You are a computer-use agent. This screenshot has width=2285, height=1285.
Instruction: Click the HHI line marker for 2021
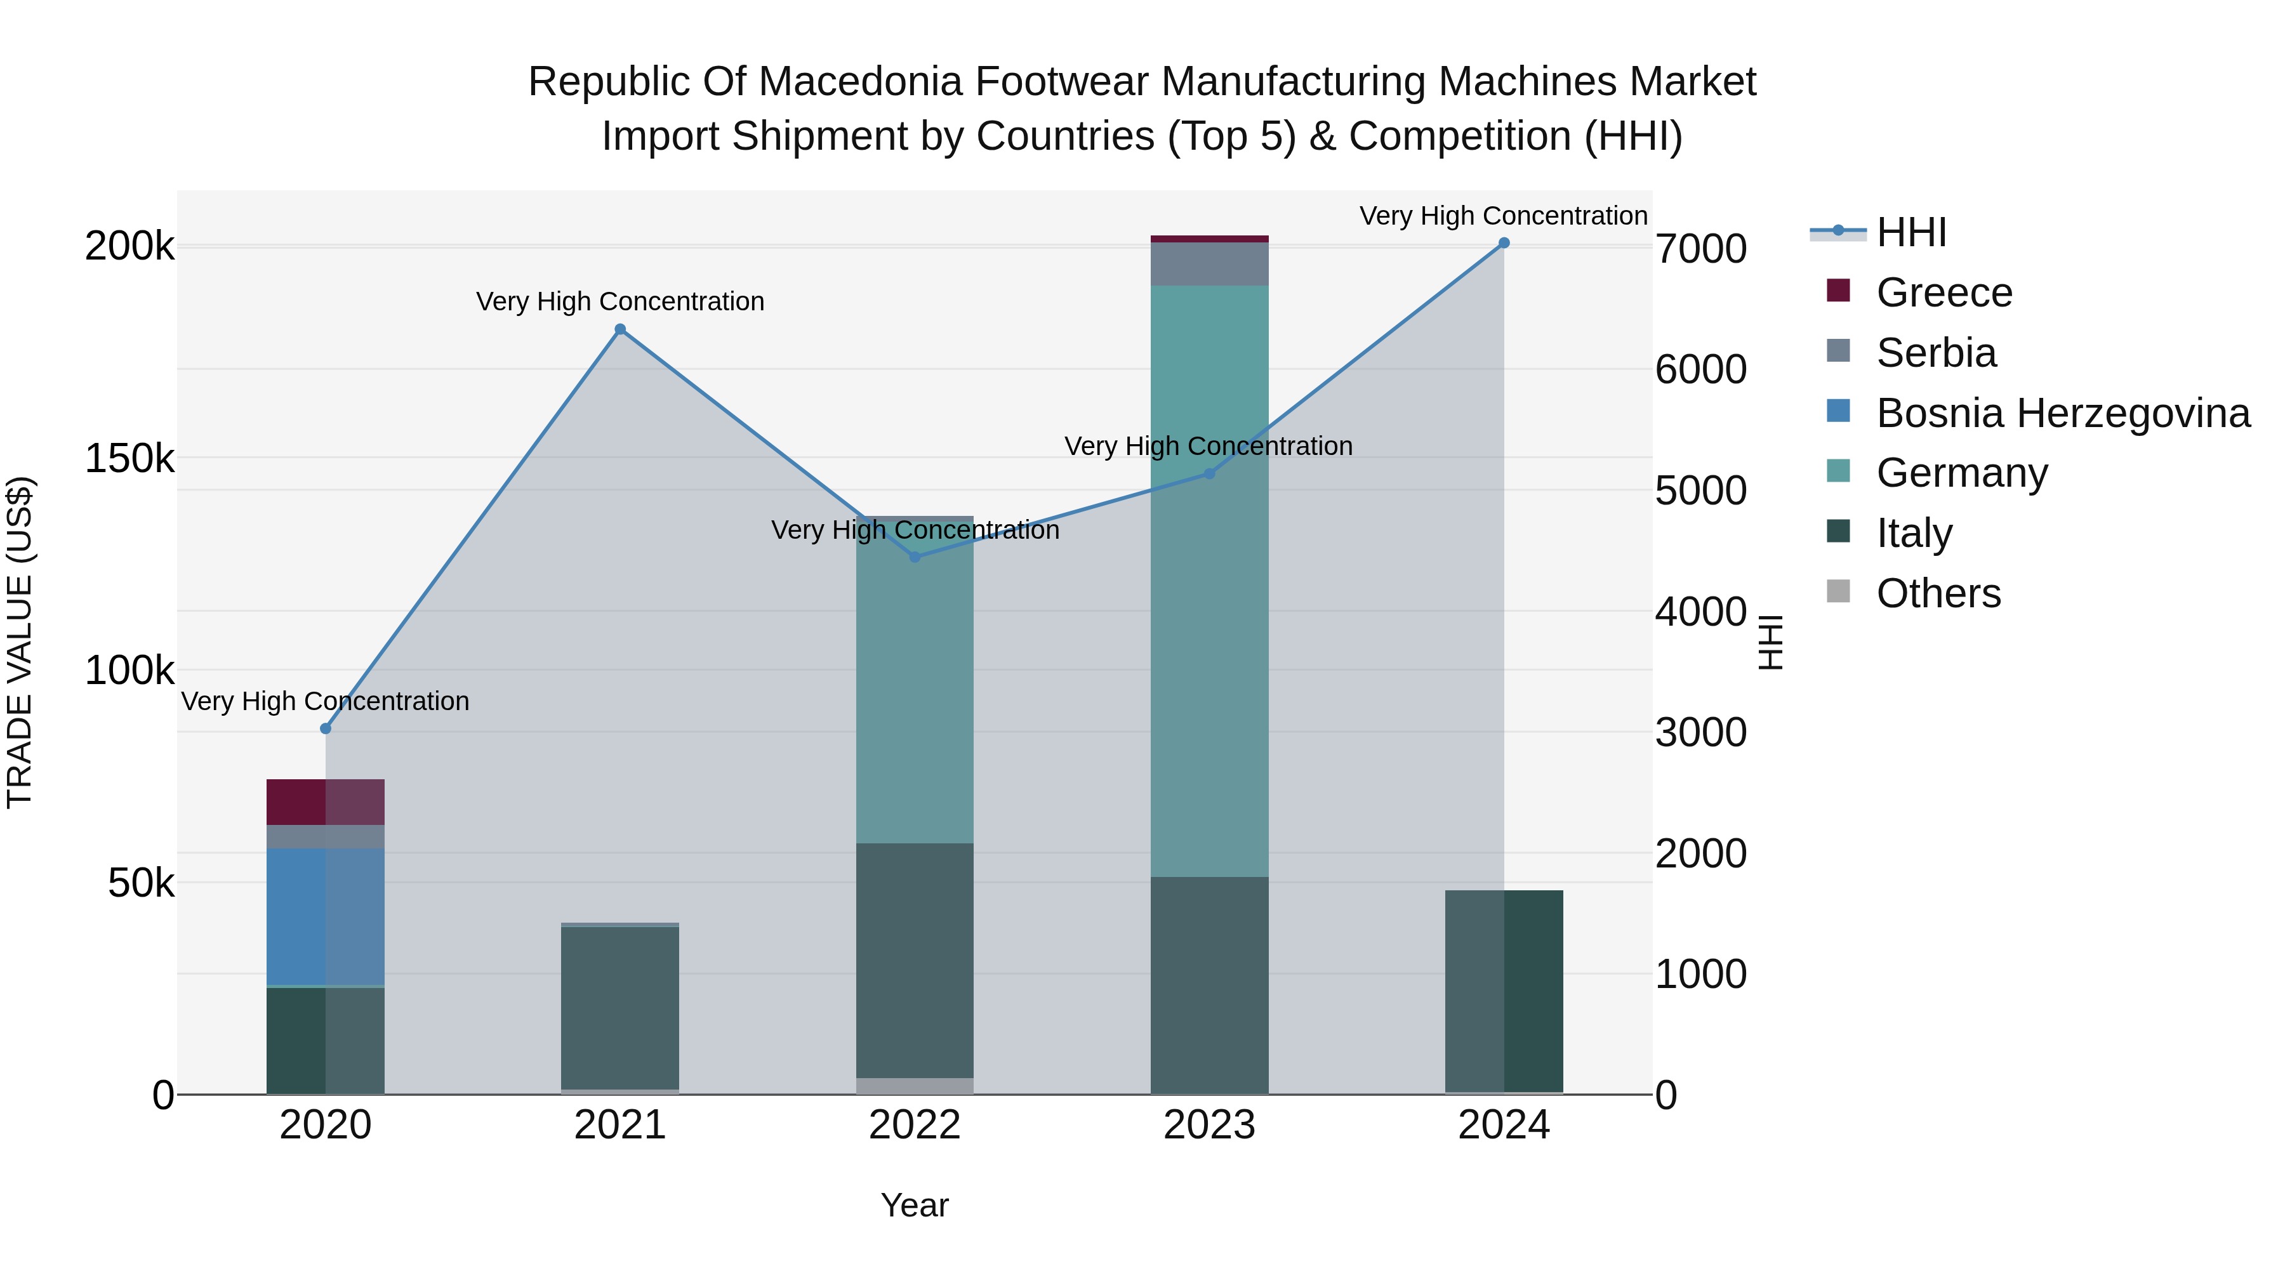pyautogui.click(x=620, y=330)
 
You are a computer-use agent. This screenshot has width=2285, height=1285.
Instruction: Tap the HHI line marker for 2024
pyautogui.click(x=1504, y=243)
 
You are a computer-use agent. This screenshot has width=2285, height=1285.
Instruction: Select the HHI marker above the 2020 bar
pyautogui.click(x=326, y=729)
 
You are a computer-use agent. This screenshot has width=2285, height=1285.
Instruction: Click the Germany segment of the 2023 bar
pyautogui.click(x=1209, y=581)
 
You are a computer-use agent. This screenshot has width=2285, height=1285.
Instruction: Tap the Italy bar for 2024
pyautogui.click(x=1504, y=991)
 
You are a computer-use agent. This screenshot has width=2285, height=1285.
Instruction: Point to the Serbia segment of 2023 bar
pyautogui.click(x=1209, y=263)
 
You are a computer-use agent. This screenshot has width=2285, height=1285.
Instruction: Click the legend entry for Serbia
pyautogui.click(x=1935, y=353)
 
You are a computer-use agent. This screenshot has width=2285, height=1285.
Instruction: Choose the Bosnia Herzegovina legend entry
pyautogui.click(x=2062, y=413)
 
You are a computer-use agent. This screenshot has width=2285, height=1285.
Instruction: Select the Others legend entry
pyautogui.click(x=1938, y=593)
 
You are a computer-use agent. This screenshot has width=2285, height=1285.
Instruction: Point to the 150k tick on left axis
pyautogui.click(x=129, y=459)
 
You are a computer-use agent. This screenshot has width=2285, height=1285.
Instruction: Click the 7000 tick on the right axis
pyautogui.click(x=1700, y=249)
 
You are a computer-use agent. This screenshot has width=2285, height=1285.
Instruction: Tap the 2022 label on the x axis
pyautogui.click(x=915, y=1125)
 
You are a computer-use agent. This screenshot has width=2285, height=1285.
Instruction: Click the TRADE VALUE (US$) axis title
pyautogui.click(x=20, y=642)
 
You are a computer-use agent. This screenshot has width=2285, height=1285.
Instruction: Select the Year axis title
pyautogui.click(x=915, y=1205)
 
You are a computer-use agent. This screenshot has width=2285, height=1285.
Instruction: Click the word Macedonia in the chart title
pyautogui.click(x=865, y=82)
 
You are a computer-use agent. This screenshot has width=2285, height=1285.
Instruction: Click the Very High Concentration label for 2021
pyautogui.click(x=620, y=301)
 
